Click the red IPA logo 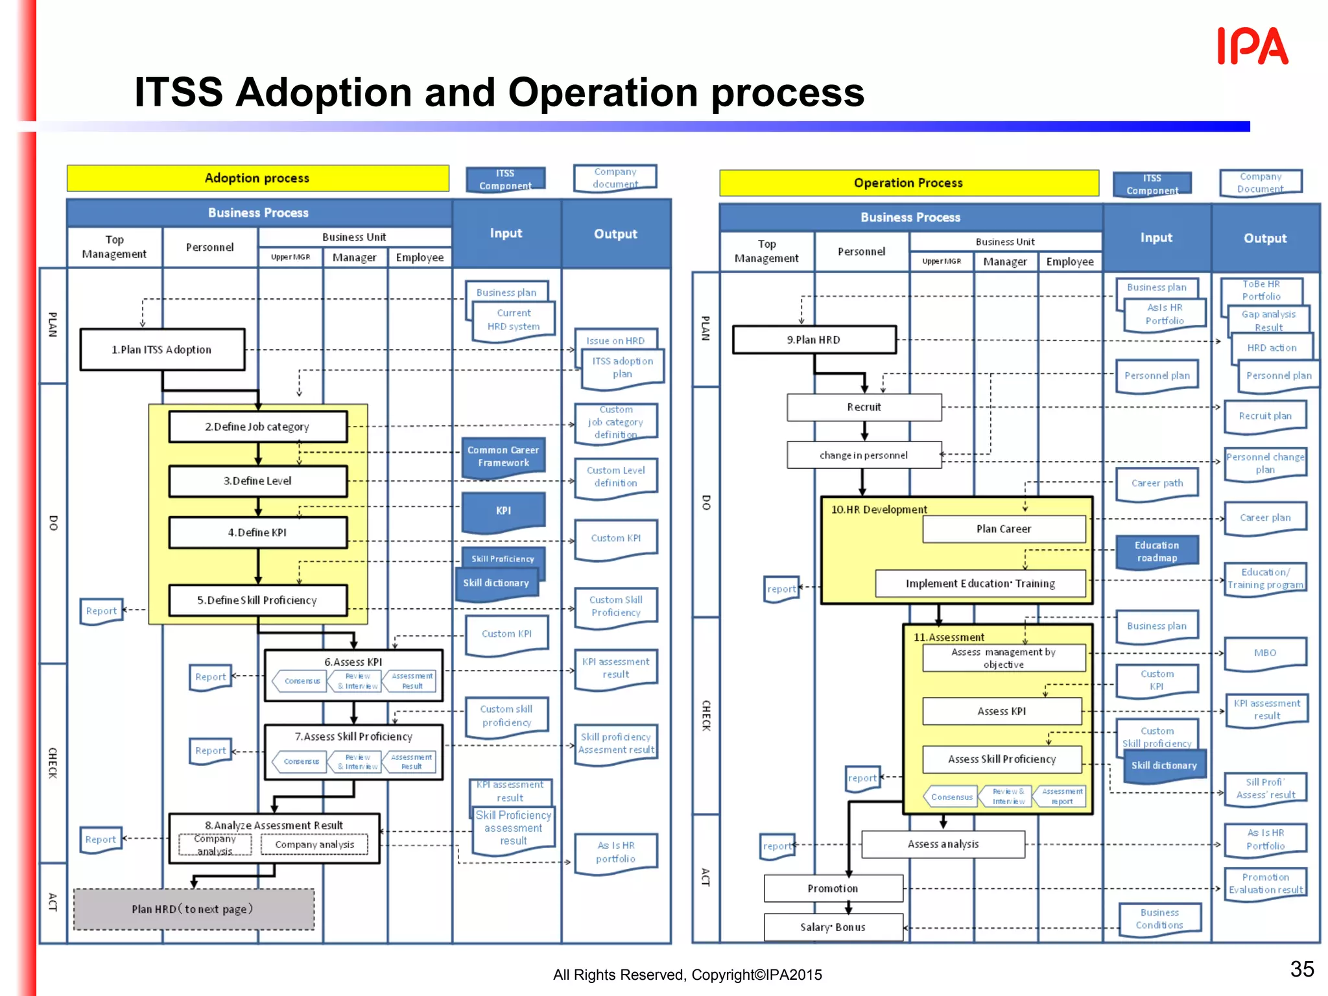tap(1252, 46)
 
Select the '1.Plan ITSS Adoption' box tap(162, 350)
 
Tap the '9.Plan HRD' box tap(814, 340)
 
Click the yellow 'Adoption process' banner tap(257, 178)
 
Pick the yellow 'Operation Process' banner tap(908, 183)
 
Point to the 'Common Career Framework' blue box tap(503, 456)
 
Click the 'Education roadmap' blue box tap(1157, 551)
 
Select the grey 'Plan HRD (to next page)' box tap(193, 909)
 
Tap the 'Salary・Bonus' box tap(833, 927)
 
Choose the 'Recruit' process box tap(864, 407)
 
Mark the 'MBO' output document tap(1264, 653)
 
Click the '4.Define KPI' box tap(257, 532)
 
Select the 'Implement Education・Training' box tap(980, 584)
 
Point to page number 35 tap(1301, 969)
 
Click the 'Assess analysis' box tap(943, 844)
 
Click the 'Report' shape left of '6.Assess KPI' tap(210, 677)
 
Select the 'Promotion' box tap(833, 888)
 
